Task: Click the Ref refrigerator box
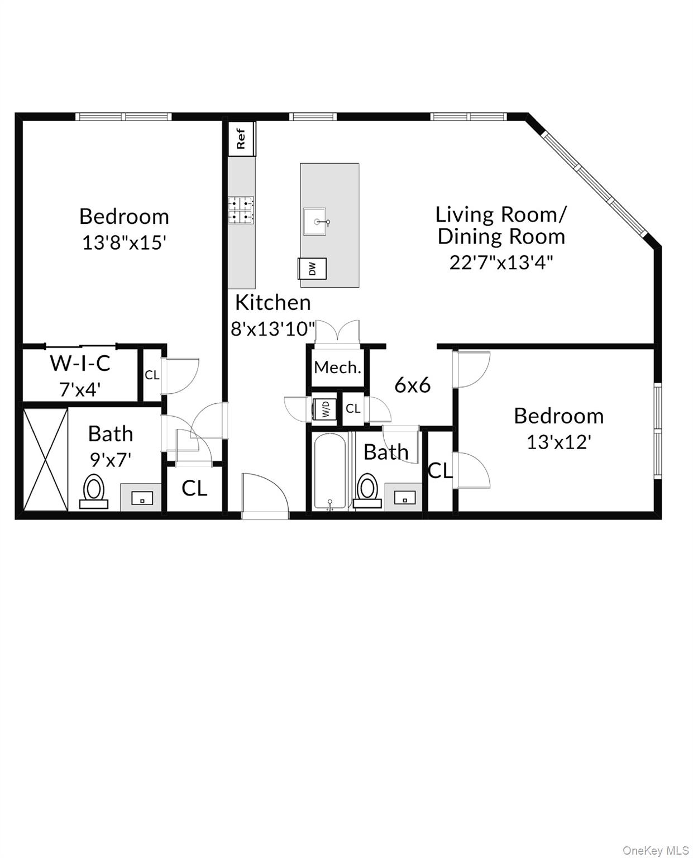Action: tap(241, 139)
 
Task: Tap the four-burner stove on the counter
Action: tap(241, 210)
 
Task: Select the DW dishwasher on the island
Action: tap(312, 269)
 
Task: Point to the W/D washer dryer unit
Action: tap(324, 409)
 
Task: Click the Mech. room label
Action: tap(337, 367)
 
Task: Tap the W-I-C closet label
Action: tap(80, 363)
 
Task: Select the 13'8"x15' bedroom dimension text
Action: tap(124, 242)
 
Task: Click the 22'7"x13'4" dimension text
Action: tap(501, 262)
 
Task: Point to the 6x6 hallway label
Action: tap(412, 385)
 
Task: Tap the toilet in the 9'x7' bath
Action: tap(94, 492)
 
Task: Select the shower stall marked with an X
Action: tap(46, 459)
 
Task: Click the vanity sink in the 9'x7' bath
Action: tap(142, 497)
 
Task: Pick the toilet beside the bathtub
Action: tap(367, 491)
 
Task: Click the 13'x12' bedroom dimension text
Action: tap(558, 442)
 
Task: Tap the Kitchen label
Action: tap(273, 302)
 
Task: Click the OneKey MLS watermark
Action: tap(655, 851)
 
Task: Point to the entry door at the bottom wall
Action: tap(265, 497)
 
